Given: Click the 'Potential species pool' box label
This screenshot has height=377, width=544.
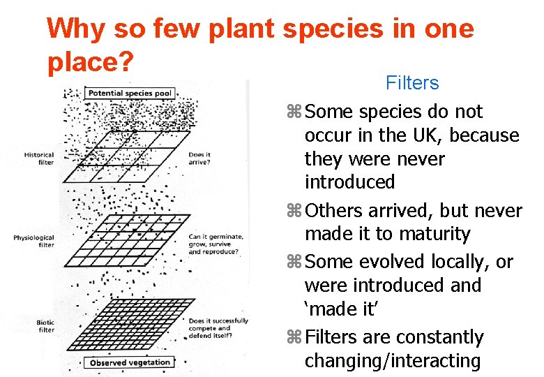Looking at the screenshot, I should point(129,93).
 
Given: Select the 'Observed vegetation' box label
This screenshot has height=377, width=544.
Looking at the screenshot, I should point(129,362).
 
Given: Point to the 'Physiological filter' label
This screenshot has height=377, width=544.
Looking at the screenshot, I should point(33,242).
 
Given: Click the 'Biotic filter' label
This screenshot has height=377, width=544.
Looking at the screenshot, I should point(45,326).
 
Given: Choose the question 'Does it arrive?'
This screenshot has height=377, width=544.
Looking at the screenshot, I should point(199,158).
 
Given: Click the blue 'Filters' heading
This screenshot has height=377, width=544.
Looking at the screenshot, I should point(412,83).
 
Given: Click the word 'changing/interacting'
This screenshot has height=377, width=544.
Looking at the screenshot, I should point(392,361).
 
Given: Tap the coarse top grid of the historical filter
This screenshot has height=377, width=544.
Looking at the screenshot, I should point(133,154).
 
